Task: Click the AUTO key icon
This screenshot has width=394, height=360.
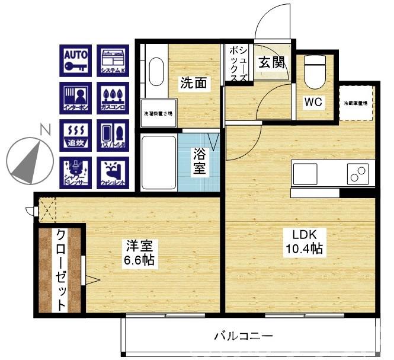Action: click(76, 60)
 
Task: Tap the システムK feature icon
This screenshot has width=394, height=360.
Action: click(113, 60)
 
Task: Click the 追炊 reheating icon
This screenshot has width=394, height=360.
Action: click(76, 135)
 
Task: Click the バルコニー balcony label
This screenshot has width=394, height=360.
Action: click(244, 336)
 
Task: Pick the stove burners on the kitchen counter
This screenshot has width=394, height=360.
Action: click(358, 173)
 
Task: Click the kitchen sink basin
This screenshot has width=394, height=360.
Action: click(305, 173)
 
